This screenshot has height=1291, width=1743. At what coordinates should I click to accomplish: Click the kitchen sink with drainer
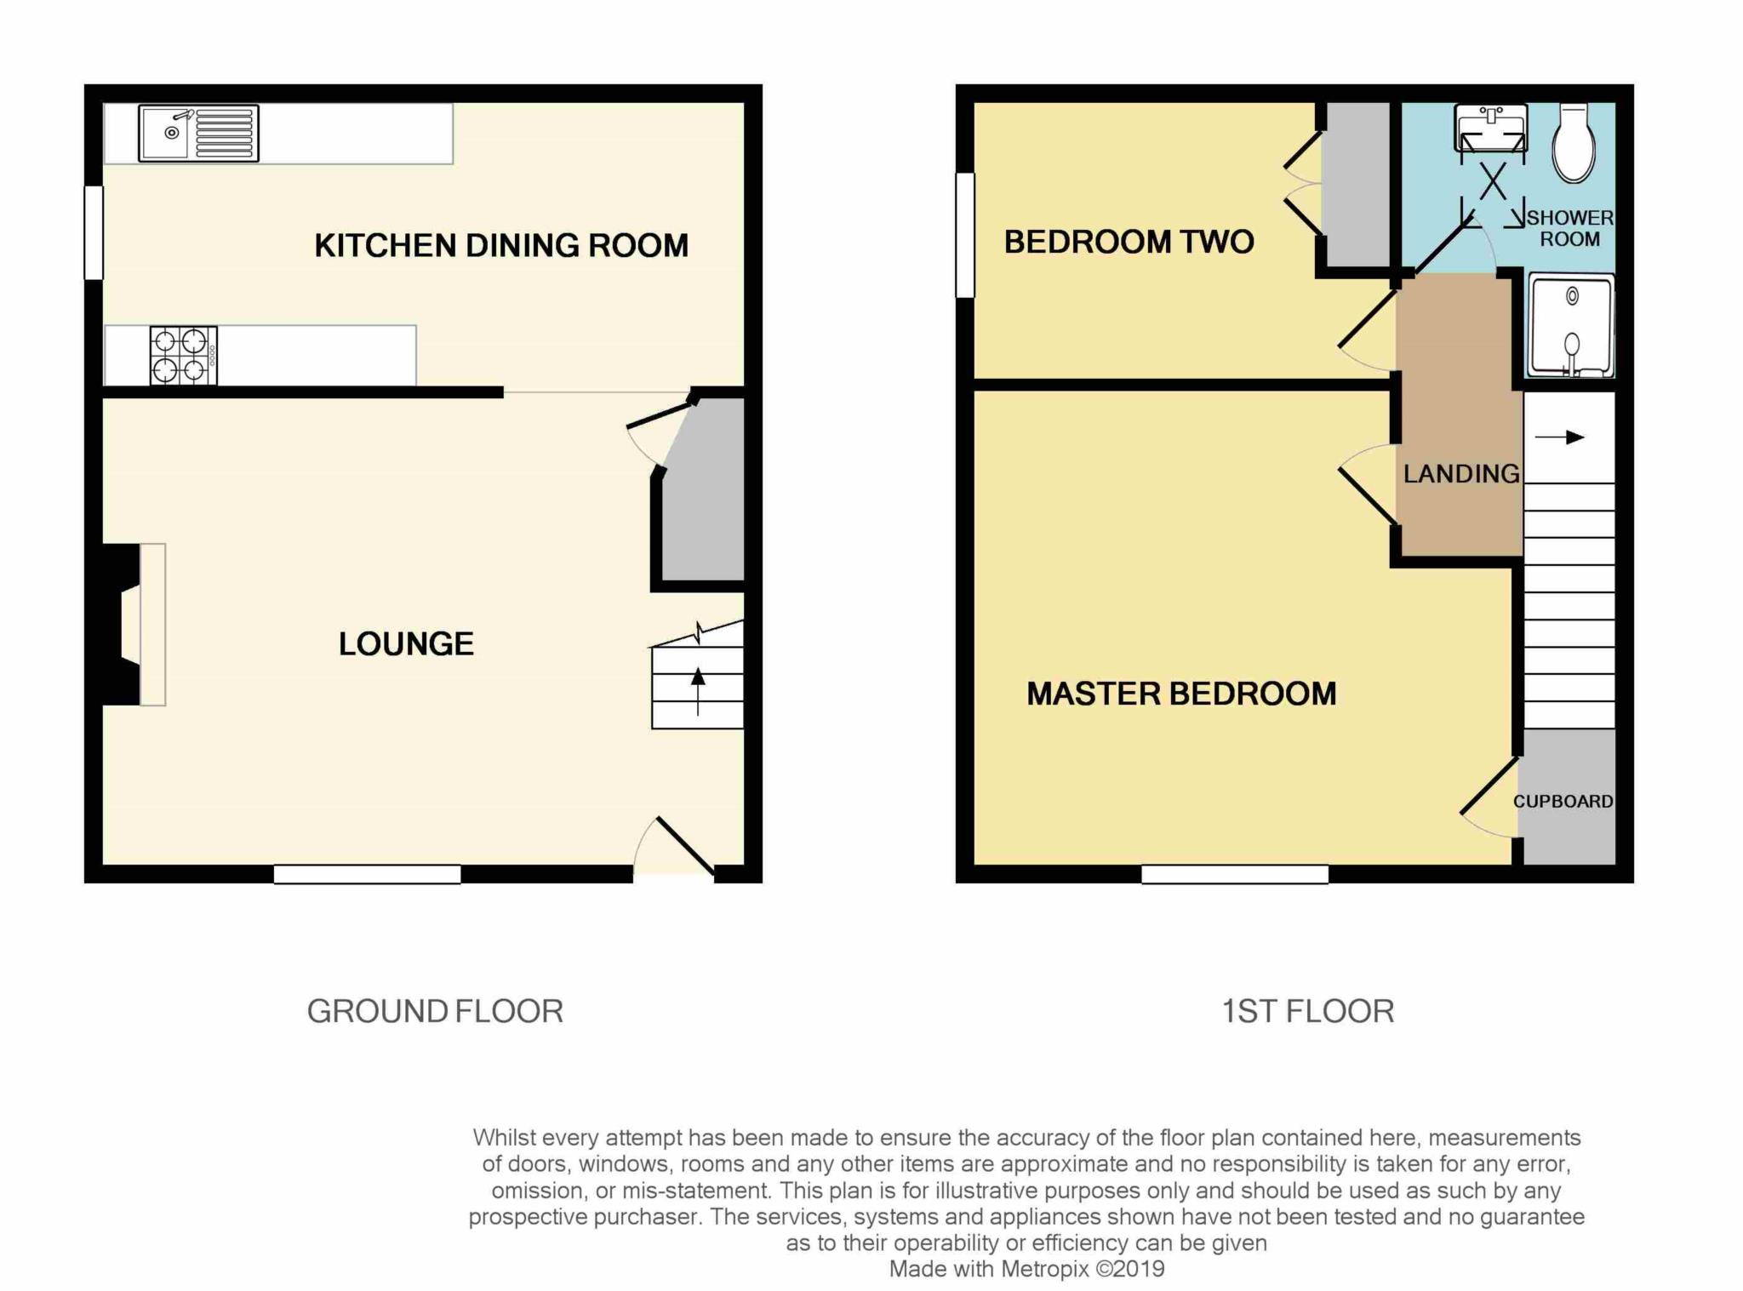tap(198, 134)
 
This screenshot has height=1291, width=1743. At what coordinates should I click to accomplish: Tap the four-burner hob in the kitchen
tap(184, 355)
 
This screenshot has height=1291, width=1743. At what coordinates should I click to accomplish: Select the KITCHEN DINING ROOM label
tap(501, 246)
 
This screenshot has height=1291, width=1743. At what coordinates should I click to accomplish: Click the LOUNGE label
tap(406, 644)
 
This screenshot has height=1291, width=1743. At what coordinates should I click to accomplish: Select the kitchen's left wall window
tap(94, 232)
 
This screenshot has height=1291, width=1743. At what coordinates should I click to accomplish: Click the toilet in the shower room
tap(1574, 143)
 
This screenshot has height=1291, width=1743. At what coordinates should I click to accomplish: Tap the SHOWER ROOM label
tap(1569, 229)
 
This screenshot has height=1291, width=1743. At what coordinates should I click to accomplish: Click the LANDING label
tap(1461, 474)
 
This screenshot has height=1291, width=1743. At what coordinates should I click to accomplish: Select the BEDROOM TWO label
tap(1129, 243)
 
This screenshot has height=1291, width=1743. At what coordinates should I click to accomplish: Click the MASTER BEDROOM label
tap(1181, 694)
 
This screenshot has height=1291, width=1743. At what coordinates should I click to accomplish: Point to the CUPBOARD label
tap(1563, 802)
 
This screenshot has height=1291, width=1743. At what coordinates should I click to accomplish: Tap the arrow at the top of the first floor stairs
tap(1560, 437)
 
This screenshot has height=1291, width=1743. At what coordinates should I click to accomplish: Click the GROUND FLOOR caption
tap(435, 1012)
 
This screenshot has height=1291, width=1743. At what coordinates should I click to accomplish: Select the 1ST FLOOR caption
tap(1308, 1012)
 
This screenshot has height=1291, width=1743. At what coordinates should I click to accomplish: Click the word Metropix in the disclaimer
tap(1044, 1269)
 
